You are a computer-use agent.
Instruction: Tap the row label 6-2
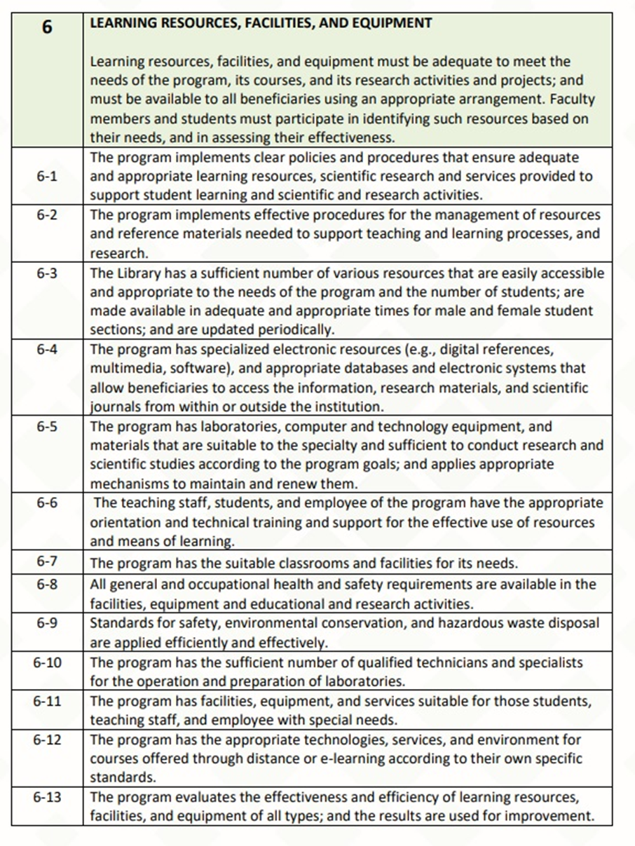click(46, 214)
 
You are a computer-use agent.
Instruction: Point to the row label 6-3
click(46, 272)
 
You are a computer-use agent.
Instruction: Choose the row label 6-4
click(46, 348)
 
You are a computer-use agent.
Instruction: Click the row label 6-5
click(46, 426)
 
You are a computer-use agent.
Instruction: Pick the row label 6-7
click(46, 562)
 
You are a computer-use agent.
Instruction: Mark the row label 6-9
click(46, 622)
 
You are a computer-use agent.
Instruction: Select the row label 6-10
click(46, 662)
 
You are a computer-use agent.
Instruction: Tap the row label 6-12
click(46, 739)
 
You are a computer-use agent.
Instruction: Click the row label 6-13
click(46, 797)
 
